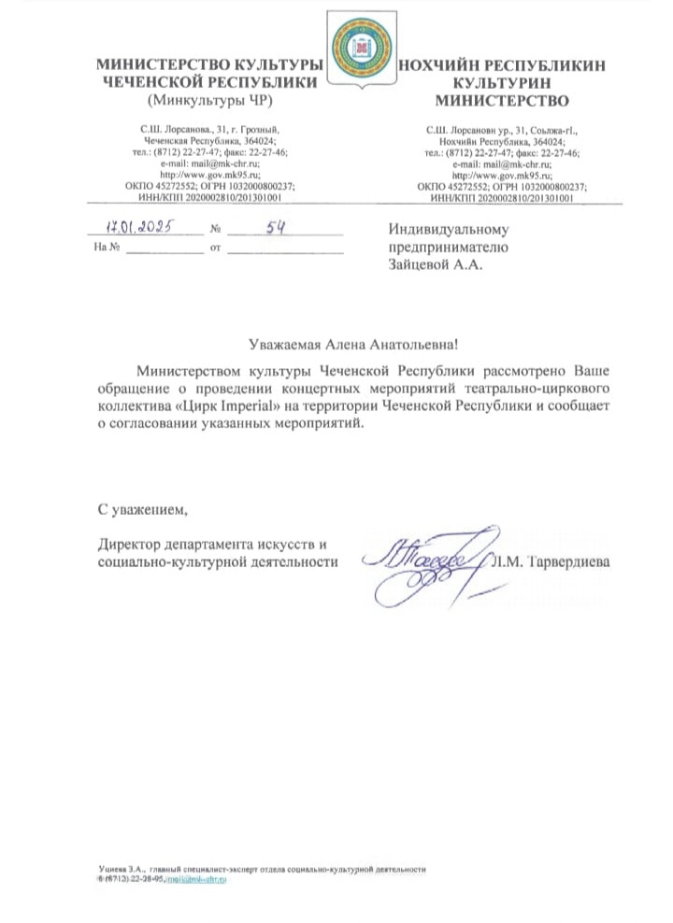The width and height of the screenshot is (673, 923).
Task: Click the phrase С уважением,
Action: click(x=143, y=509)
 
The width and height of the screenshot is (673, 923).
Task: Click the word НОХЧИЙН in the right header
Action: click(x=443, y=64)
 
